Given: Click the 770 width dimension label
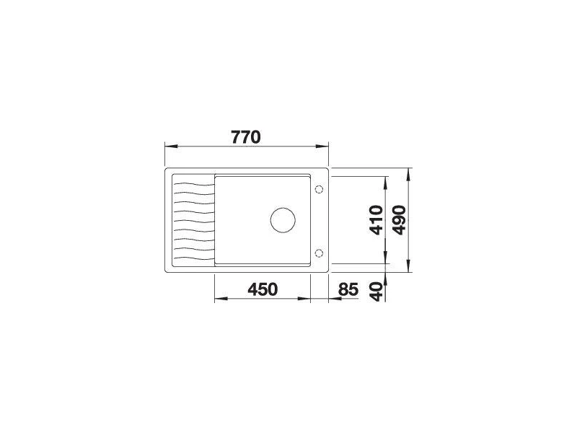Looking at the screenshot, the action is coord(246,137).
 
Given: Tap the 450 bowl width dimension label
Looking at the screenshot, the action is coord(263,289).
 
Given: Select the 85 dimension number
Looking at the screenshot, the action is coord(348,289).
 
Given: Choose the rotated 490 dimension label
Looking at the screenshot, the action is coord(399,220).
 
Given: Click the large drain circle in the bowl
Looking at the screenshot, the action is coord(283,220).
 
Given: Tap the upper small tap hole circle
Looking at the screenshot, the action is coord(319,189).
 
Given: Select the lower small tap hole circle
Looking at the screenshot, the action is coord(319,253).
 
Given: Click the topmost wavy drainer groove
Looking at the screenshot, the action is coord(193,184).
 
